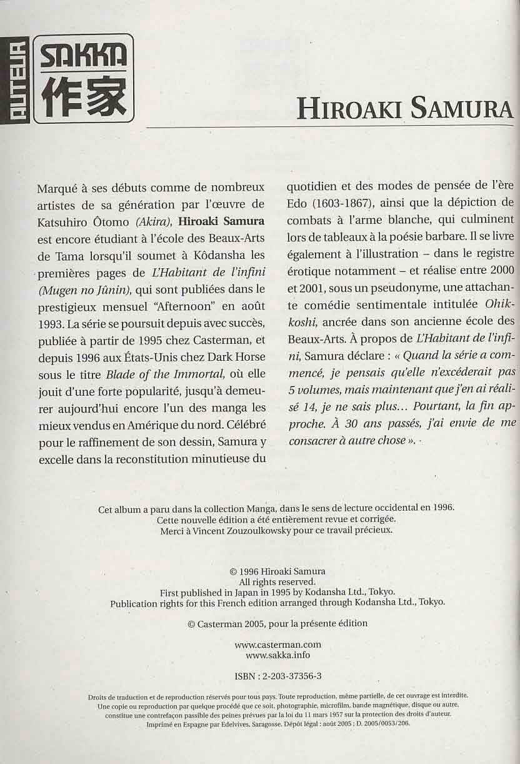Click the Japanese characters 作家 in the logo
click(82, 97)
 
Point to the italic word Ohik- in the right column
click(499, 304)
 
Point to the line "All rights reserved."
click(277, 581)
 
